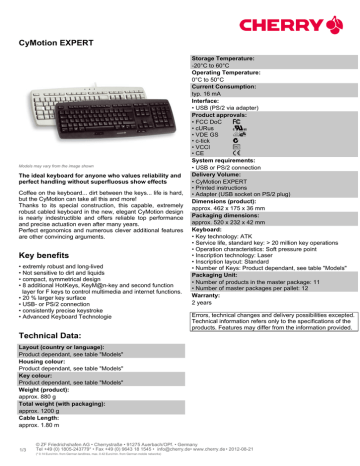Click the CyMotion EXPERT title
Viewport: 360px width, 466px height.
(65, 43)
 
